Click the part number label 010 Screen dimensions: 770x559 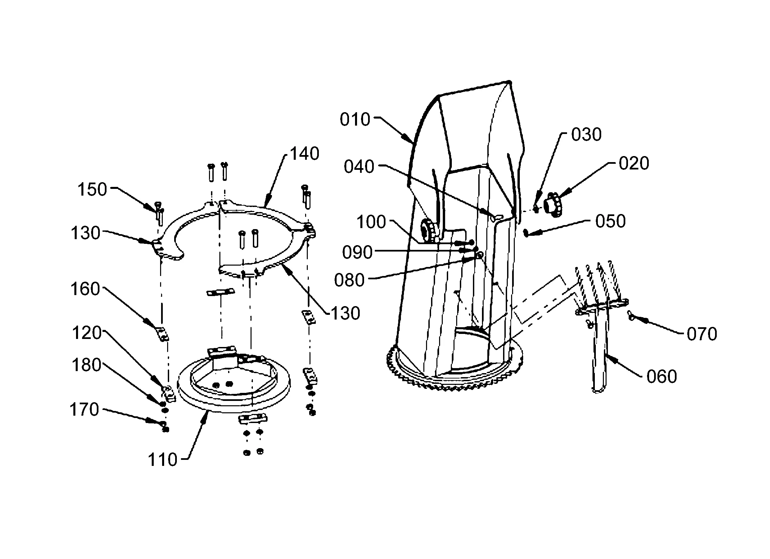(355, 120)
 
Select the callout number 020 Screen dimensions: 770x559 (634, 163)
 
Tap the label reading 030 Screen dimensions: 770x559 (586, 135)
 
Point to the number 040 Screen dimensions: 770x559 (359, 167)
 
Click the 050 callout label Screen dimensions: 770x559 (611, 221)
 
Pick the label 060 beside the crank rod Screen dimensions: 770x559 (662, 376)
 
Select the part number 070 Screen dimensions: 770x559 (702, 334)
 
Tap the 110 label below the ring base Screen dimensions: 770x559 (162, 460)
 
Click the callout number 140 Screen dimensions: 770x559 (304, 154)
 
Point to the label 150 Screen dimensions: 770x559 (92, 190)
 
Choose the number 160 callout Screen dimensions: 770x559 (85, 289)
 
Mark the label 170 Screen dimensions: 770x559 (84, 409)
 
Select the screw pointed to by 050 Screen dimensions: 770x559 (526, 232)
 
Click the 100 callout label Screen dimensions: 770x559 (371, 222)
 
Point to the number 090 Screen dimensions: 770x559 (357, 253)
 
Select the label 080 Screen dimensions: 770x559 (349, 281)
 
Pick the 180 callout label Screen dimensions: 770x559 (86, 365)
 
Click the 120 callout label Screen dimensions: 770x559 (86, 333)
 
